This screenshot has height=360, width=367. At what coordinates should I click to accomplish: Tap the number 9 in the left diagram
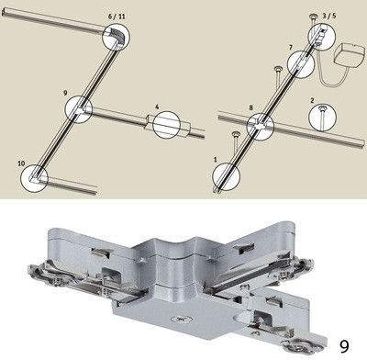[x=65, y=93]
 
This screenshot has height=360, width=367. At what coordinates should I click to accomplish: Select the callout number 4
[x=157, y=107]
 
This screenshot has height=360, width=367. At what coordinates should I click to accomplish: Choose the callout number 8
[x=250, y=107]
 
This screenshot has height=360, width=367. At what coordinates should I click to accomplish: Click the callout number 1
[x=214, y=161]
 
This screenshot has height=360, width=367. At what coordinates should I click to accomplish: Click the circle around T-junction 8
[x=261, y=123]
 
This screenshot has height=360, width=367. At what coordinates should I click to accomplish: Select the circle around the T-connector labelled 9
[x=78, y=108]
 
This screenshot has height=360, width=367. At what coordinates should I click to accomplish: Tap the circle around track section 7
[x=299, y=63]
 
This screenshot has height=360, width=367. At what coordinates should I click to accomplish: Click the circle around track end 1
[x=224, y=175]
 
